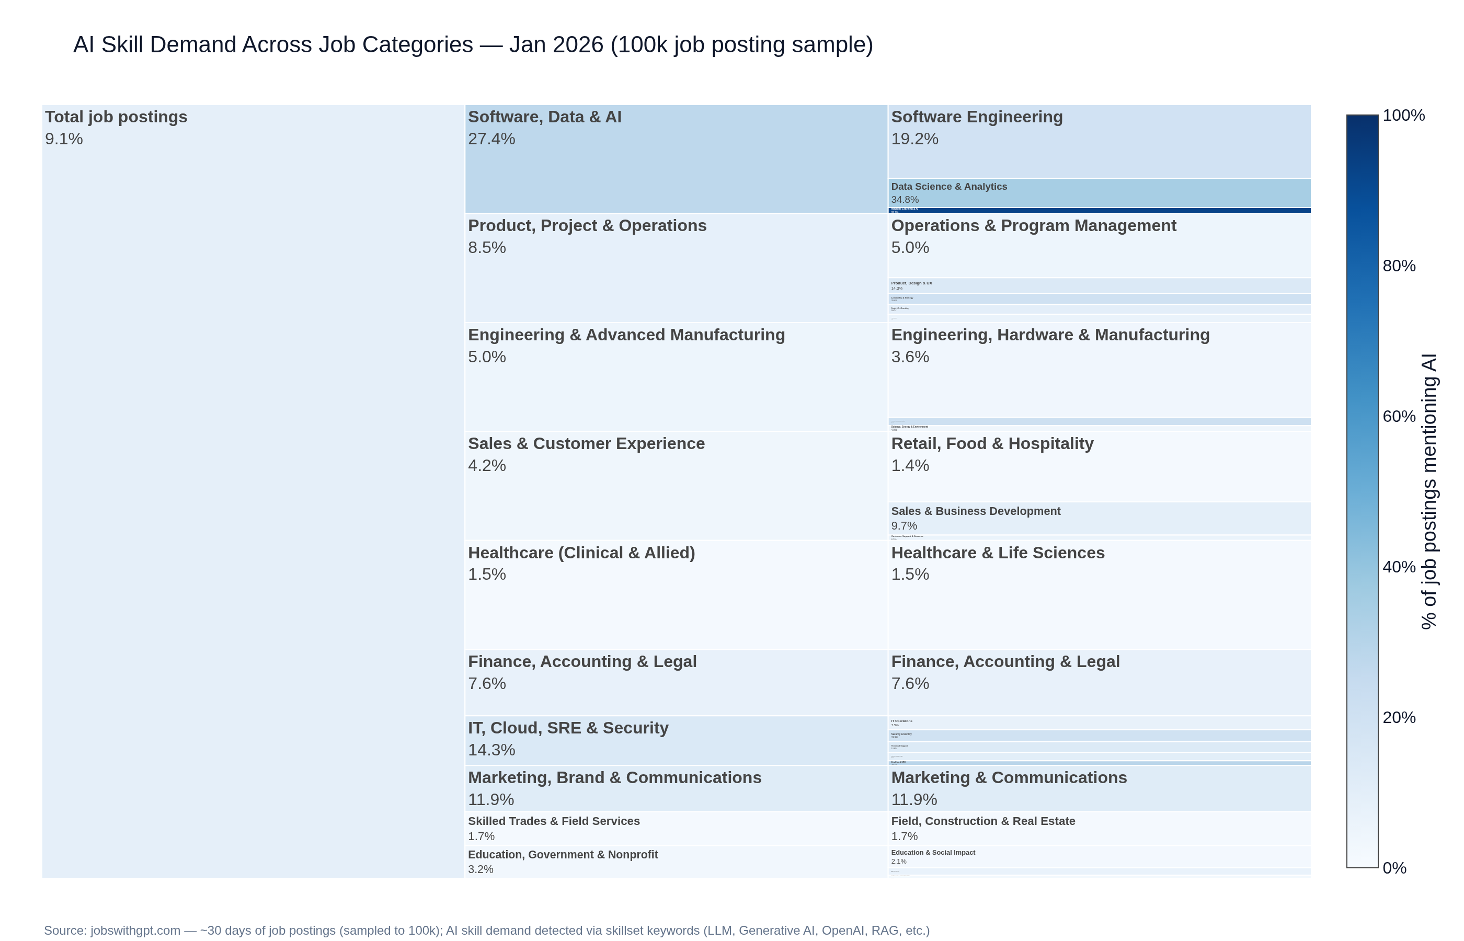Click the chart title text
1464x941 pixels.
click(x=473, y=44)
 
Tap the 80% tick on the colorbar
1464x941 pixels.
click(x=1399, y=266)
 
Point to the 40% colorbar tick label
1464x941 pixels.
click(x=1399, y=567)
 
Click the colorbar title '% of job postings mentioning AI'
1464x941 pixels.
click(x=1428, y=491)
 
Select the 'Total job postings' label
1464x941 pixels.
click(x=116, y=117)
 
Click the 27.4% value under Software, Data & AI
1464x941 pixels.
click(x=491, y=139)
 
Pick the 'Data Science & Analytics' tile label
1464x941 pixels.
click(x=949, y=186)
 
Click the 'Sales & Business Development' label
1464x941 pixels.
click(x=976, y=511)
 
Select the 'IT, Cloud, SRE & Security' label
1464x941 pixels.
click(x=568, y=728)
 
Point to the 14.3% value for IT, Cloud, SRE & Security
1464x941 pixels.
click(x=491, y=750)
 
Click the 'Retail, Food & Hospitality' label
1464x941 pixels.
click(x=992, y=444)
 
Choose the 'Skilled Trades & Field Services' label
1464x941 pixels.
click(x=554, y=821)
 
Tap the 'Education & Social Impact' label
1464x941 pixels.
click(x=933, y=853)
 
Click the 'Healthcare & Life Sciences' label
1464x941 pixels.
click(x=998, y=553)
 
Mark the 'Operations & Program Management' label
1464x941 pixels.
click(x=1033, y=225)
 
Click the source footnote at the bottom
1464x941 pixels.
click(x=486, y=930)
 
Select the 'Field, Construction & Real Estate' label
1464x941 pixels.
click(x=983, y=821)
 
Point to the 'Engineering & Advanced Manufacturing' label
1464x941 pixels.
click(x=626, y=335)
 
